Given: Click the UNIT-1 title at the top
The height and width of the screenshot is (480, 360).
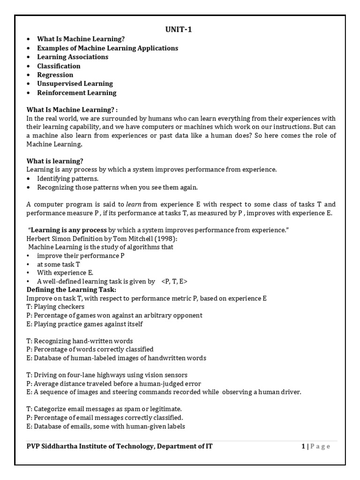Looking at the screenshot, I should pos(179,30).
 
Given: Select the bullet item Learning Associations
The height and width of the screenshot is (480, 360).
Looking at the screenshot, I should pos(73,57).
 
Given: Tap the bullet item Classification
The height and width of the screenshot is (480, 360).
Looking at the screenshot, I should pos(59,66).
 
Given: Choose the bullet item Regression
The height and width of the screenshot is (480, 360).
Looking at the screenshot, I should pos(55,75).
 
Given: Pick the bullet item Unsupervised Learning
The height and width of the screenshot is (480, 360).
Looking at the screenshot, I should pos(75,84).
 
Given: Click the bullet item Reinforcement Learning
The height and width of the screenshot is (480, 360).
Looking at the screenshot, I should pos(77,93).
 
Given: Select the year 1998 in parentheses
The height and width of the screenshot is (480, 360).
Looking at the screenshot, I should pos(162,238).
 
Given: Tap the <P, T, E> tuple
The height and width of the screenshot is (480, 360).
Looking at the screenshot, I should pos(174,281).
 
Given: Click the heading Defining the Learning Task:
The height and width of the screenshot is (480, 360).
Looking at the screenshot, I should pos(67,290).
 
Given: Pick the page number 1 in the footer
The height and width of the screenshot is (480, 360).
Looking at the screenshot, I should pos(303,446).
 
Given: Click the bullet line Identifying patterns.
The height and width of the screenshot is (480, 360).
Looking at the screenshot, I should pos(67,179).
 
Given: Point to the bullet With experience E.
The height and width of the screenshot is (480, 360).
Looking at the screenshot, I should pos(65,272).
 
